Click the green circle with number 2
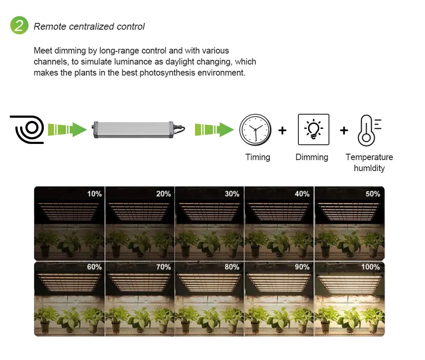(x=19, y=26)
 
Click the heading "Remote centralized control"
(x=89, y=27)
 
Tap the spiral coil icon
(x=27, y=129)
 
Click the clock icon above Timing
(x=255, y=130)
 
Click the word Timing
(x=258, y=157)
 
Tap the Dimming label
(x=312, y=157)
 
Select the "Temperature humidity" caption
(x=369, y=162)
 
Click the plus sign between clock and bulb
(x=282, y=130)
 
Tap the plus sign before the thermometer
(x=343, y=130)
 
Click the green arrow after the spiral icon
(x=67, y=129)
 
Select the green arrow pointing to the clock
(x=214, y=129)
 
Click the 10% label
(x=94, y=194)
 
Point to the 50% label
(x=373, y=194)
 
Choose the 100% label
(x=371, y=267)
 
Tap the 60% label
(x=94, y=267)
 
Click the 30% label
(x=232, y=194)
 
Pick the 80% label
(x=232, y=267)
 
